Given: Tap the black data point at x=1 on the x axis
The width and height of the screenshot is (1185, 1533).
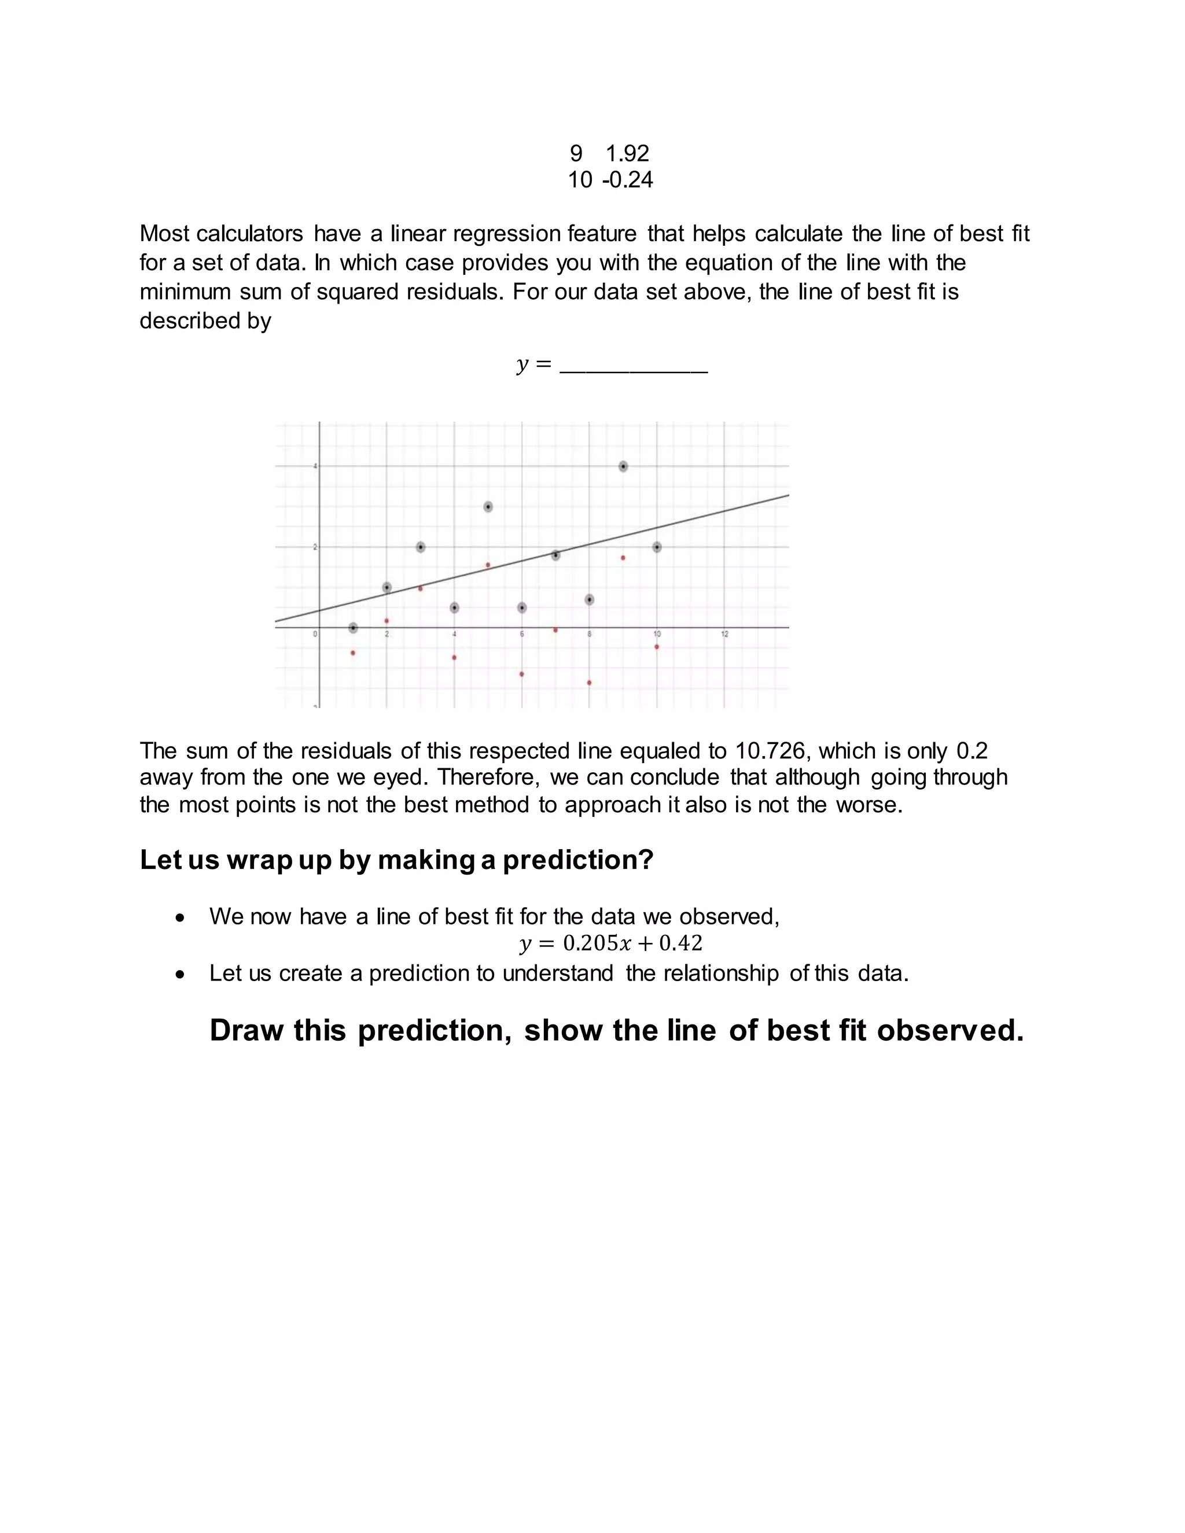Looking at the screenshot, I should tap(353, 628).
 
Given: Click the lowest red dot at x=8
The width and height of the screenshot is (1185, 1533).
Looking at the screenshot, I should tap(589, 682).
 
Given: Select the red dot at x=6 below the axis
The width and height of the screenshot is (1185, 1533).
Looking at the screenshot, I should tap(521, 674).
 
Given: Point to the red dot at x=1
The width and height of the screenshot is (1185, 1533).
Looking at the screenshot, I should tap(353, 653).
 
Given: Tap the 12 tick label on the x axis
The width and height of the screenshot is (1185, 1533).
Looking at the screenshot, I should tap(724, 635).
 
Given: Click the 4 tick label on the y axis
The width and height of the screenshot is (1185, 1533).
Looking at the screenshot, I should tap(315, 466).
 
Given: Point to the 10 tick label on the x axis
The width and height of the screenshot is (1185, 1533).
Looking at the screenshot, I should tap(657, 635).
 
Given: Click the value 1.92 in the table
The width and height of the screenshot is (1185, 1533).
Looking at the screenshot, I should tap(627, 153).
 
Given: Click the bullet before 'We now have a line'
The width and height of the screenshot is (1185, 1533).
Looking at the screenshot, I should tap(181, 917).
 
